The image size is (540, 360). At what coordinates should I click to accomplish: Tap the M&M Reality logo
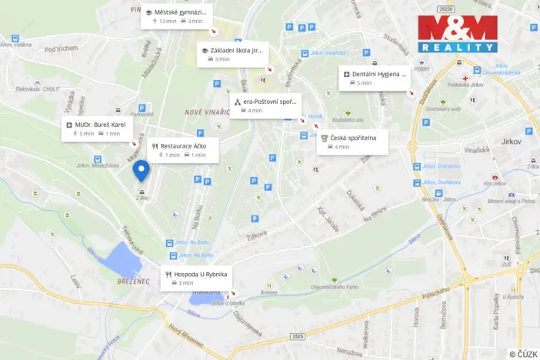click(458, 34)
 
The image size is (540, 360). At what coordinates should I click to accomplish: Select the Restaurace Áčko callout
click(184, 150)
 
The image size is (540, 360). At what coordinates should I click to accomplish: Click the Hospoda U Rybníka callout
click(195, 278)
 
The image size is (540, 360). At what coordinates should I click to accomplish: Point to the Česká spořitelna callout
click(353, 142)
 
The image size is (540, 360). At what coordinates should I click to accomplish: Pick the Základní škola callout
click(232, 55)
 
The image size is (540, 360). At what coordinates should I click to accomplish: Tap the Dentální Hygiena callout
click(374, 78)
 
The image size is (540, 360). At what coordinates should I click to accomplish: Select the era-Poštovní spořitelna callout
click(265, 105)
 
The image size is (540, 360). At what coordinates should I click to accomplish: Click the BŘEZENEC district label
click(134, 281)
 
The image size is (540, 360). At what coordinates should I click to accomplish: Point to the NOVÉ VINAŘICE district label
click(205, 112)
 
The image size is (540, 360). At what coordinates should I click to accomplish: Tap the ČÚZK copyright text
click(522, 354)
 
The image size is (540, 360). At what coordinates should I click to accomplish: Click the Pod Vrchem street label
click(62, 48)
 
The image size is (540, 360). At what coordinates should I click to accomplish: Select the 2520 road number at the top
click(445, 8)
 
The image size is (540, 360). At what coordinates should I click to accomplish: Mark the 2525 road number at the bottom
click(298, 336)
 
